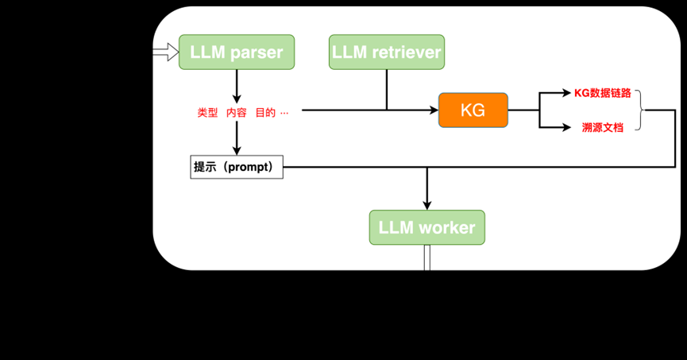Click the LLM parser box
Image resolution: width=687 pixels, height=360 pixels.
pos(237,52)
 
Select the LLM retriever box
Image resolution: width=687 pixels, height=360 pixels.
pos(386,52)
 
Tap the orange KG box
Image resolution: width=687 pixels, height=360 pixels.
pos(473,110)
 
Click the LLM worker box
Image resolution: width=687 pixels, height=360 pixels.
pos(426,228)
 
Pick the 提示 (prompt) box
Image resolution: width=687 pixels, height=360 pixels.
pos(237,168)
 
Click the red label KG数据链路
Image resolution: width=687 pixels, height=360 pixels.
pos(602,93)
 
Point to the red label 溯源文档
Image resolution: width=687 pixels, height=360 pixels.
pos(602,127)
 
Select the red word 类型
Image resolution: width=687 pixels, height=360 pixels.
pos(207,113)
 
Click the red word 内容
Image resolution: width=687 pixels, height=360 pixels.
pos(237,113)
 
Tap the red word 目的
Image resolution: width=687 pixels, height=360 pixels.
pos(265,113)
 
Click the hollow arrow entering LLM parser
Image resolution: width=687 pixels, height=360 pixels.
pos(165,52)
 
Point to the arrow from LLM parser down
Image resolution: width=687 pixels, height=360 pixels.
pos(237,84)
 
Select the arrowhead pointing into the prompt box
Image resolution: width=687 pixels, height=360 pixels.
pos(237,151)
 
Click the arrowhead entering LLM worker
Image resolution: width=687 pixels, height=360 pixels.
pos(427,204)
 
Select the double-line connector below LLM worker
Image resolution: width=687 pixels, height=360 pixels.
pos(427,257)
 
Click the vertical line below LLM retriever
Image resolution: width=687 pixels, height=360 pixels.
pos(386,89)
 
